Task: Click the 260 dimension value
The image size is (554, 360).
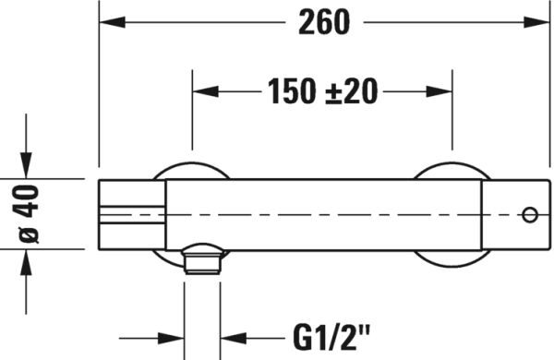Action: (324, 23)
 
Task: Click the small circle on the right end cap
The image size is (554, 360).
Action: (529, 214)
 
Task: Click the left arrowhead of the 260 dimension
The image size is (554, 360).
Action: (109, 23)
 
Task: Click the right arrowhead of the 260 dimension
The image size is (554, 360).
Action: (539, 23)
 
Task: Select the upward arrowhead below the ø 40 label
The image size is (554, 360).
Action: (28, 258)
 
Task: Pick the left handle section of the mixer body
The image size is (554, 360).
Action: (131, 213)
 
